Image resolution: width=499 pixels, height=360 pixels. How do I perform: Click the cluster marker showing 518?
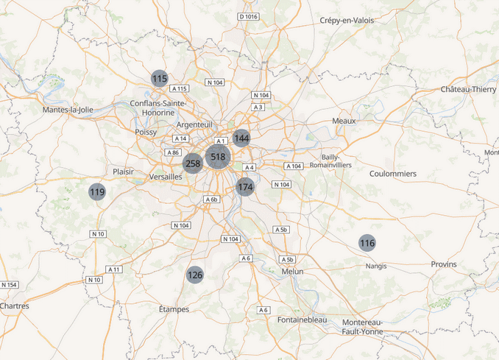pos(218,157)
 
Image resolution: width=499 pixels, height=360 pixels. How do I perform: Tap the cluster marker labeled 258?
pos(193,164)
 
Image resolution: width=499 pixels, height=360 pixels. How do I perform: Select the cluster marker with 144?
pos(241,138)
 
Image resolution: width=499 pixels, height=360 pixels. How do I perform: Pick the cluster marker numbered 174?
pos(246,187)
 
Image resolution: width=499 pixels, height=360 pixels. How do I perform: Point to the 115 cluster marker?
pos(160,78)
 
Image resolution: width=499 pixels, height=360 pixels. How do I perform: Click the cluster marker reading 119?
pos(97,192)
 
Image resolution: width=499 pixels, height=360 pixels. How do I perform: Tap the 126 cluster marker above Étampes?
pos(194,275)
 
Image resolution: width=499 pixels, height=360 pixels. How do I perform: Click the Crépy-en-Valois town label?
pos(347,21)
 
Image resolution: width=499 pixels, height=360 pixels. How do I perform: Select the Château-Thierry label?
pos(469,89)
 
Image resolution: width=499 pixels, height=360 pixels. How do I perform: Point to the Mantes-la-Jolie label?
pos(68,110)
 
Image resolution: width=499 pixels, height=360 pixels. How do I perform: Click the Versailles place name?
pos(166,177)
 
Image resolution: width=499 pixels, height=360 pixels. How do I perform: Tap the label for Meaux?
pos(344,121)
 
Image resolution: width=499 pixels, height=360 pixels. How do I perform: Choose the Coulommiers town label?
pos(393,174)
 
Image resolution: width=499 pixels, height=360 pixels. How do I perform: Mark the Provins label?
pos(444,264)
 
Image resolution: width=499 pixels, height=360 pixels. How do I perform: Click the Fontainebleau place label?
pos(302,320)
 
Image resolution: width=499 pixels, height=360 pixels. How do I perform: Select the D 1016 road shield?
pos(249,16)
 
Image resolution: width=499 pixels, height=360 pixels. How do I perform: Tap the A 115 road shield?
pos(179,88)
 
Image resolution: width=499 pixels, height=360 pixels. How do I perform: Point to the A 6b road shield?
pos(211,200)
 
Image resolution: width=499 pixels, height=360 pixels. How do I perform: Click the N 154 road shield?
pos(9,285)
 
